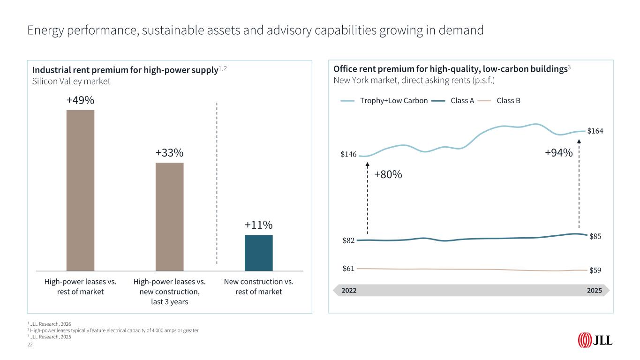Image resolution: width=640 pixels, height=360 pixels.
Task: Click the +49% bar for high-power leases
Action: click(x=80, y=190)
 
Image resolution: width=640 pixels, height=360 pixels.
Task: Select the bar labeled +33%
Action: click(x=169, y=217)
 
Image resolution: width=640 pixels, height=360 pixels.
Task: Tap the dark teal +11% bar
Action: click(x=258, y=253)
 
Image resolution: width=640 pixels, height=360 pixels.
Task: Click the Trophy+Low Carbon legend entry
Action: click(x=384, y=100)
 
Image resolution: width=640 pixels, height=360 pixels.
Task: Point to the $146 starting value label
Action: click(x=348, y=154)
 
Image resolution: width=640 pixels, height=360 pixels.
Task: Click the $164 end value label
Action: click(x=595, y=131)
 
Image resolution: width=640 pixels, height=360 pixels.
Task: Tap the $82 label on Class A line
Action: click(x=348, y=240)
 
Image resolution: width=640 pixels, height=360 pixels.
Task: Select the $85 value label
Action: click(x=595, y=236)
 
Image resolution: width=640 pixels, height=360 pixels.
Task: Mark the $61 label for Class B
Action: click(x=348, y=269)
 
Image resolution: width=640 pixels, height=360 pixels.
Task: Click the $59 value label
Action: click(x=595, y=270)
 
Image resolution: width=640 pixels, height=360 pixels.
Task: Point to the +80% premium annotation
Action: click(x=388, y=175)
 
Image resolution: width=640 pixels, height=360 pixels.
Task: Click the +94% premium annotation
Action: click(x=558, y=153)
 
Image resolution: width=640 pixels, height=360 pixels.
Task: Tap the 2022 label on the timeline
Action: click(x=349, y=290)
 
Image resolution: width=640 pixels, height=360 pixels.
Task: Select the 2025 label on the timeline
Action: click(x=594, y=290)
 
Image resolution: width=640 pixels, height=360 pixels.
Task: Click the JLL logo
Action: click(x=595, y=340)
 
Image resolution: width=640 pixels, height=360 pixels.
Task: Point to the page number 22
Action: click(x=30, y=345)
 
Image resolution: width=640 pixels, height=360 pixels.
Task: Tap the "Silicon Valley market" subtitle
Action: click(x=71, y=81)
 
